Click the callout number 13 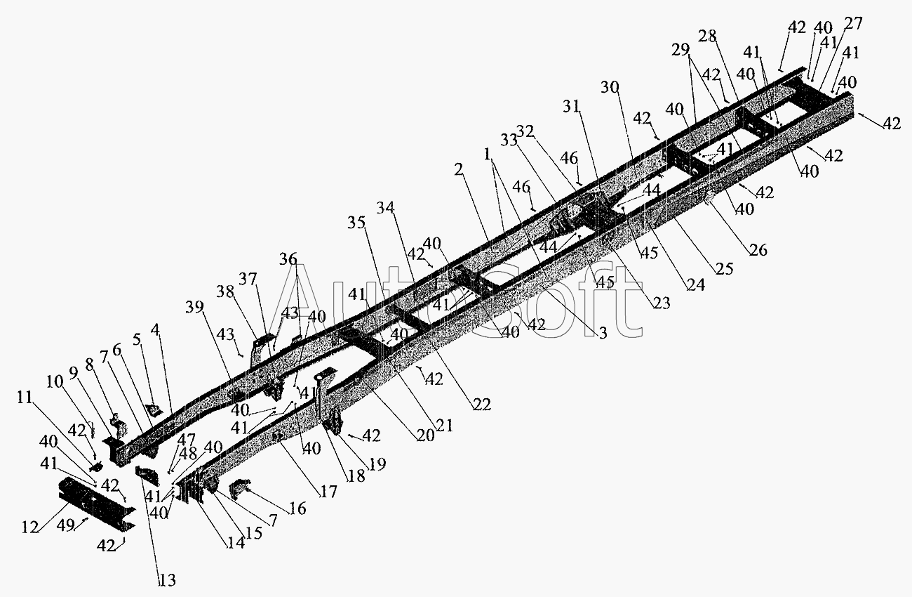(167, 580)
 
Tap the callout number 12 (31, 527)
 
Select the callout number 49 (65, 525)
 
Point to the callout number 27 (853, 24)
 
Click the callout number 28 (707, 36)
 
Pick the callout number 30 (610, 87)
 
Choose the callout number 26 (758, 249)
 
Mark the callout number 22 (482, 404)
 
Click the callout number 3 (603, 332)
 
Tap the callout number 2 (459, 169)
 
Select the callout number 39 (194, 307)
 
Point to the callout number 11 (25, 398)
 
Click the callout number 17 (328, 492)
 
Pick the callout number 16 (297, 509)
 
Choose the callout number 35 (356, 223)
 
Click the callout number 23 (661, 303)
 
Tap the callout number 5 (136, 339)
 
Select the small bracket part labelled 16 (239, 489)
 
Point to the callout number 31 (571, 106)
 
